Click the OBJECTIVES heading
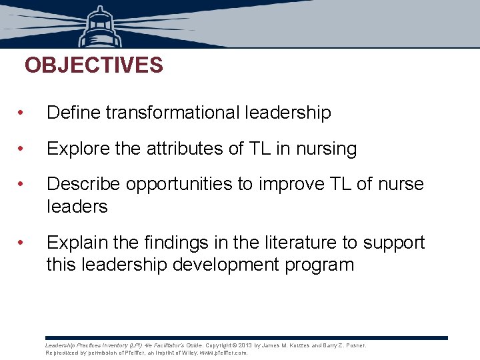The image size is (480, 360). (x=93, y=65)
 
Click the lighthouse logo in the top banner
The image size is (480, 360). (x=101, y=27)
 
